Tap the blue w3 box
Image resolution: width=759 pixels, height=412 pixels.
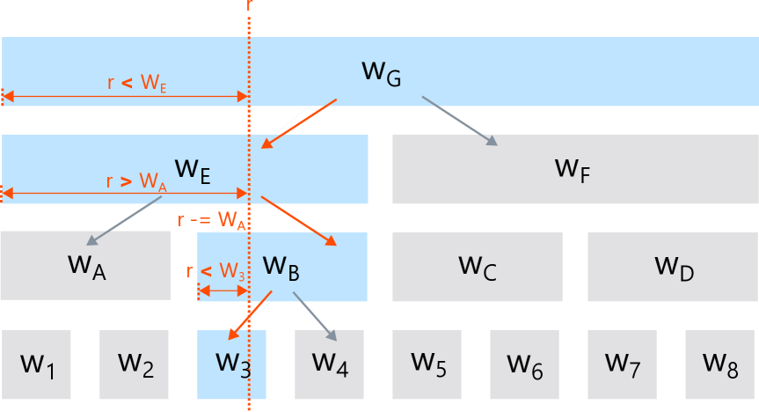pyautogui.click(x=231, y=364)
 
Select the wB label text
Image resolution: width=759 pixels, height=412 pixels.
pyautogui.click(x=281, y=266)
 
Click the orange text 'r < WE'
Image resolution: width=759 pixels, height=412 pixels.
pyautogui.click(x=136, y=84)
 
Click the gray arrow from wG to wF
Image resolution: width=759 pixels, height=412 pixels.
pyautogui.click(x=459, y=121)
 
